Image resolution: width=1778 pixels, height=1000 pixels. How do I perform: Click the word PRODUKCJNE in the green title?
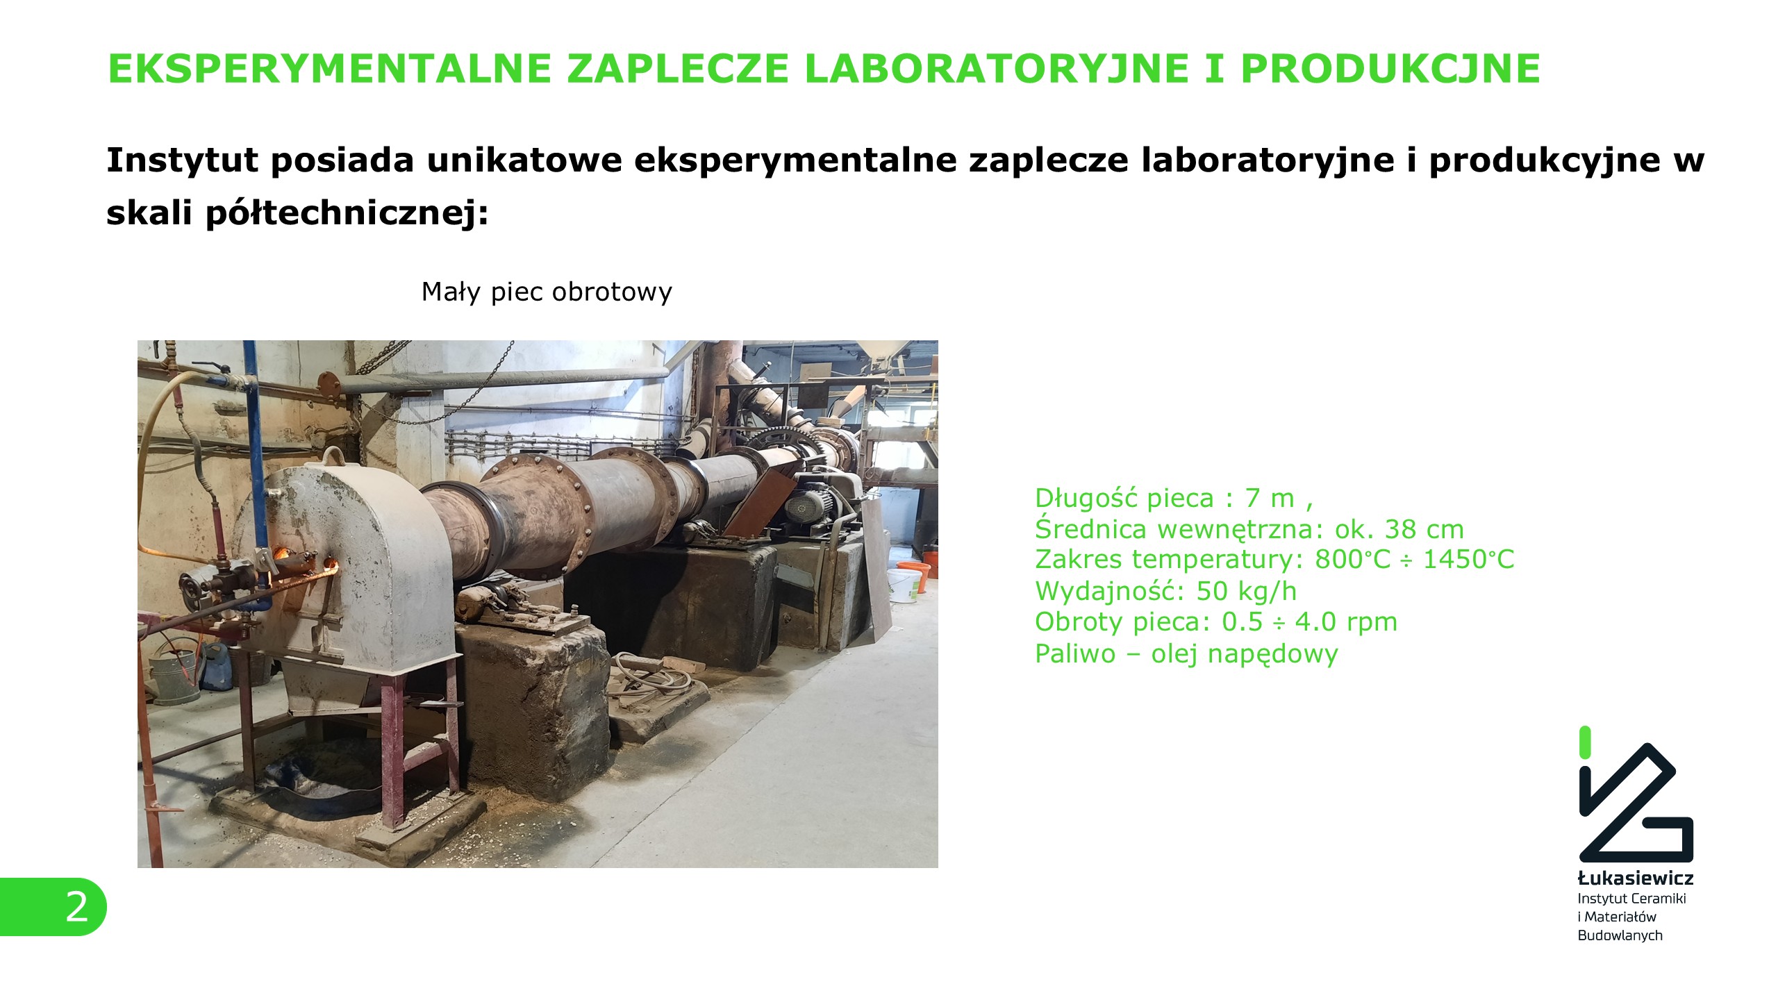pos(1390,68)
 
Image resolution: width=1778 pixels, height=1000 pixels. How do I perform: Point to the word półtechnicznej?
pos(347,213)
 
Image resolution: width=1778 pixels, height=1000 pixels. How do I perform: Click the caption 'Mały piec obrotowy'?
pos(547,292)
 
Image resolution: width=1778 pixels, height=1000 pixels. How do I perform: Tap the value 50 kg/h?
pos(1247,591)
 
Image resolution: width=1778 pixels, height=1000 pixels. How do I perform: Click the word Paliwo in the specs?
pos(1075,653)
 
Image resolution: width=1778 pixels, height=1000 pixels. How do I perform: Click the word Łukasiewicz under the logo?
pos(1636,878)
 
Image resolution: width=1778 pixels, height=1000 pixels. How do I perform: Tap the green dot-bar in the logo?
pos(1585,742)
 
